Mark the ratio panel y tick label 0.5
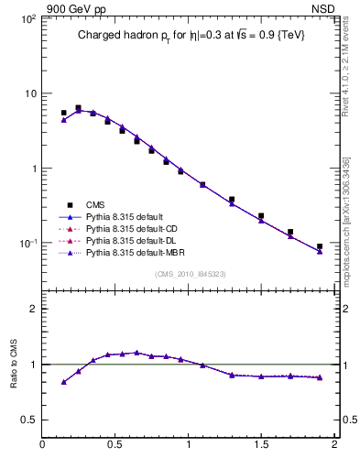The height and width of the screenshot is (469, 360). click(x=27, y=420)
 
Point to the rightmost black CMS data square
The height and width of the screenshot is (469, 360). click(x=320, y=246)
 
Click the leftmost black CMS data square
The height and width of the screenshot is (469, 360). click(x=63, y=113)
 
